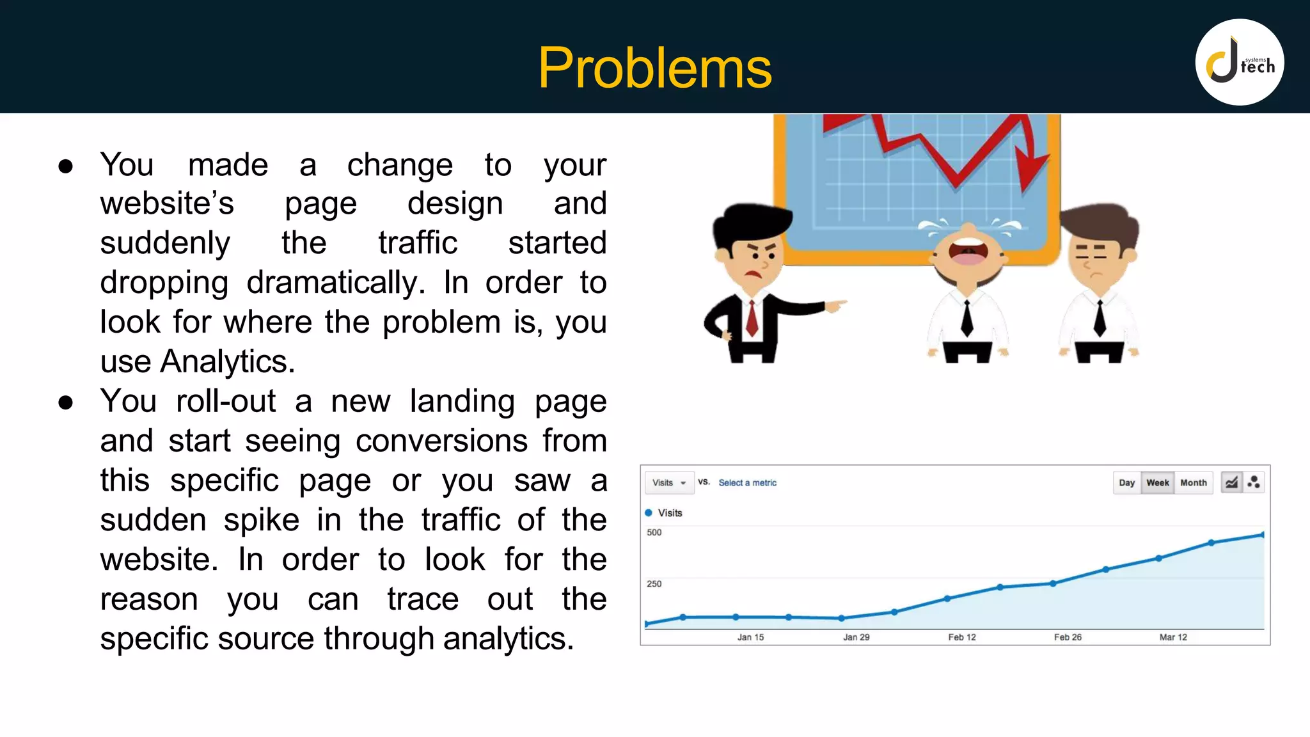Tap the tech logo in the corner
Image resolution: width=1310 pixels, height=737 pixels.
(x=1239, y=63)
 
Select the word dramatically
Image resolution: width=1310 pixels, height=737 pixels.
(x=336, y=282)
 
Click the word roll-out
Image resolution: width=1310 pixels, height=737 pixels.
(x=226, y=401)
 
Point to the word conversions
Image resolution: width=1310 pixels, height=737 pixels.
(x=441, y=441)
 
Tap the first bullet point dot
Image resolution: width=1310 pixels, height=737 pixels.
(x=65, y=166)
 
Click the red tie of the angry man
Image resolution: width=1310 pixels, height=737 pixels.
(x=752, y=318)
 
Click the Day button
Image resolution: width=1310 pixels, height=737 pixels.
(x=1126, y=483)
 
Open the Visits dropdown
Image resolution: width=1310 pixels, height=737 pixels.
(x=668, y=483)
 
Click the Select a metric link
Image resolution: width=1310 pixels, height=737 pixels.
(x=747, y=483)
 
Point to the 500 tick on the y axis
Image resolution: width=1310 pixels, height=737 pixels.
(x=654, y=532)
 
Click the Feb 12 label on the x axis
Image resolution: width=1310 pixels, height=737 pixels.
(x=961, y=637)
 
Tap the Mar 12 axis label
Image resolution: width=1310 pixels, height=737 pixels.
(x=1172, y=637)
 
